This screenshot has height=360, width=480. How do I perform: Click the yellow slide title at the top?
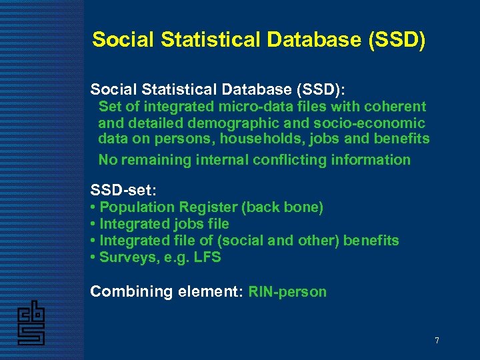pyautogui.click(x=258, y=40)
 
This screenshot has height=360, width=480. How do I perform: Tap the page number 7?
pyautogui.click(x=437, y=341)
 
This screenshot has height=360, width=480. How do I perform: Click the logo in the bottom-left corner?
pyautogui.click(x=31, y=323)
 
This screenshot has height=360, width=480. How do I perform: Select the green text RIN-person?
pyautogui.click(x=287, y=292)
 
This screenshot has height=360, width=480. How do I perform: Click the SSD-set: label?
pyautogui.click(x=123, y=191)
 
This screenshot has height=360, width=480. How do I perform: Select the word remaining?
pyautogui.click(x=159, y=160)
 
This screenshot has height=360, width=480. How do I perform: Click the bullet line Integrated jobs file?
pyautogui.click(x=163, y=224)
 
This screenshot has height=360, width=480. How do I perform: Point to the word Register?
pyautogui.click(x=205, y=207)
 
